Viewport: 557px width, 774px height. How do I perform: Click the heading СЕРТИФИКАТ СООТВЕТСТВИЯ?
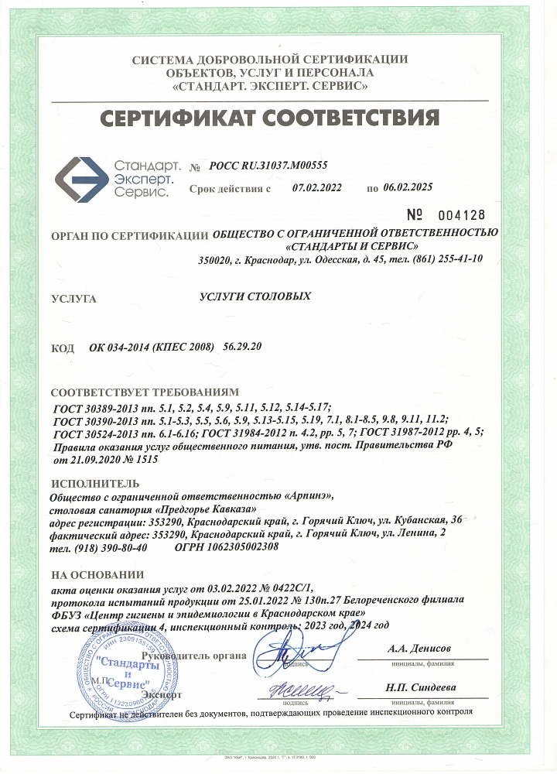(270, 118)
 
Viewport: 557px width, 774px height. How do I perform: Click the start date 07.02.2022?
(316, 187)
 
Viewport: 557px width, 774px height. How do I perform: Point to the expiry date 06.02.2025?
(407, 187)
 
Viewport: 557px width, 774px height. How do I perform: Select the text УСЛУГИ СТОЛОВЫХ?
(255, 296)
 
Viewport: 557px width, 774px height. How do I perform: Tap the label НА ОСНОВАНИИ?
(97, 574)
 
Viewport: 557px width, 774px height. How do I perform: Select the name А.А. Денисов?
(419, 648)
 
